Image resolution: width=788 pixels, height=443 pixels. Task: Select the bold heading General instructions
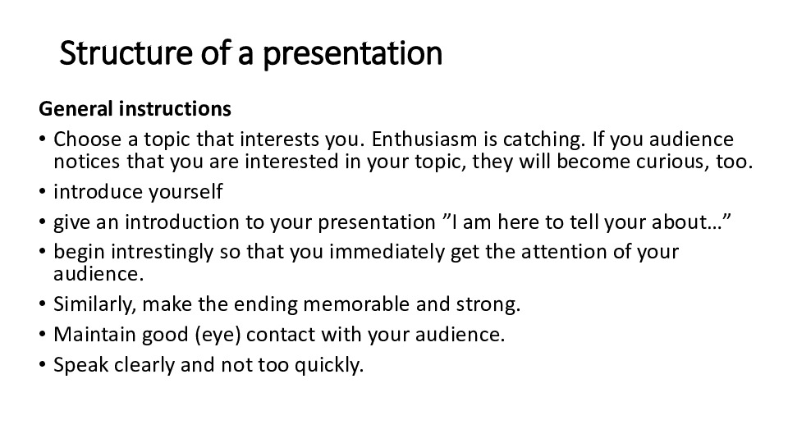135,109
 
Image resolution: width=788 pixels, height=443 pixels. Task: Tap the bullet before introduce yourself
42,192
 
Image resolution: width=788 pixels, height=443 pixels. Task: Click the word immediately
387,253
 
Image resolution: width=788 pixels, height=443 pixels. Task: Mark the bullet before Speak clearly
42,365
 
